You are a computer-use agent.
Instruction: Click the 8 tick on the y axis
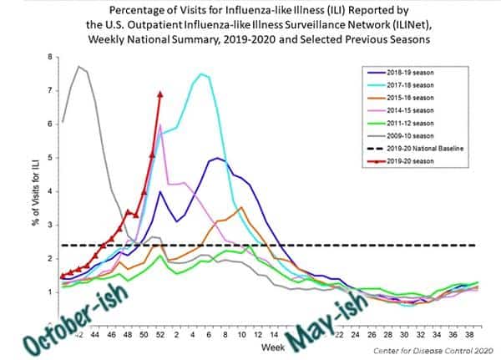[50, 57]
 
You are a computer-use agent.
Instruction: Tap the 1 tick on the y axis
[50, 292]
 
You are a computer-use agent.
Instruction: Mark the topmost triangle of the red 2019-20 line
[159, 94]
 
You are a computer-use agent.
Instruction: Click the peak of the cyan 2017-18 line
[200, 74]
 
